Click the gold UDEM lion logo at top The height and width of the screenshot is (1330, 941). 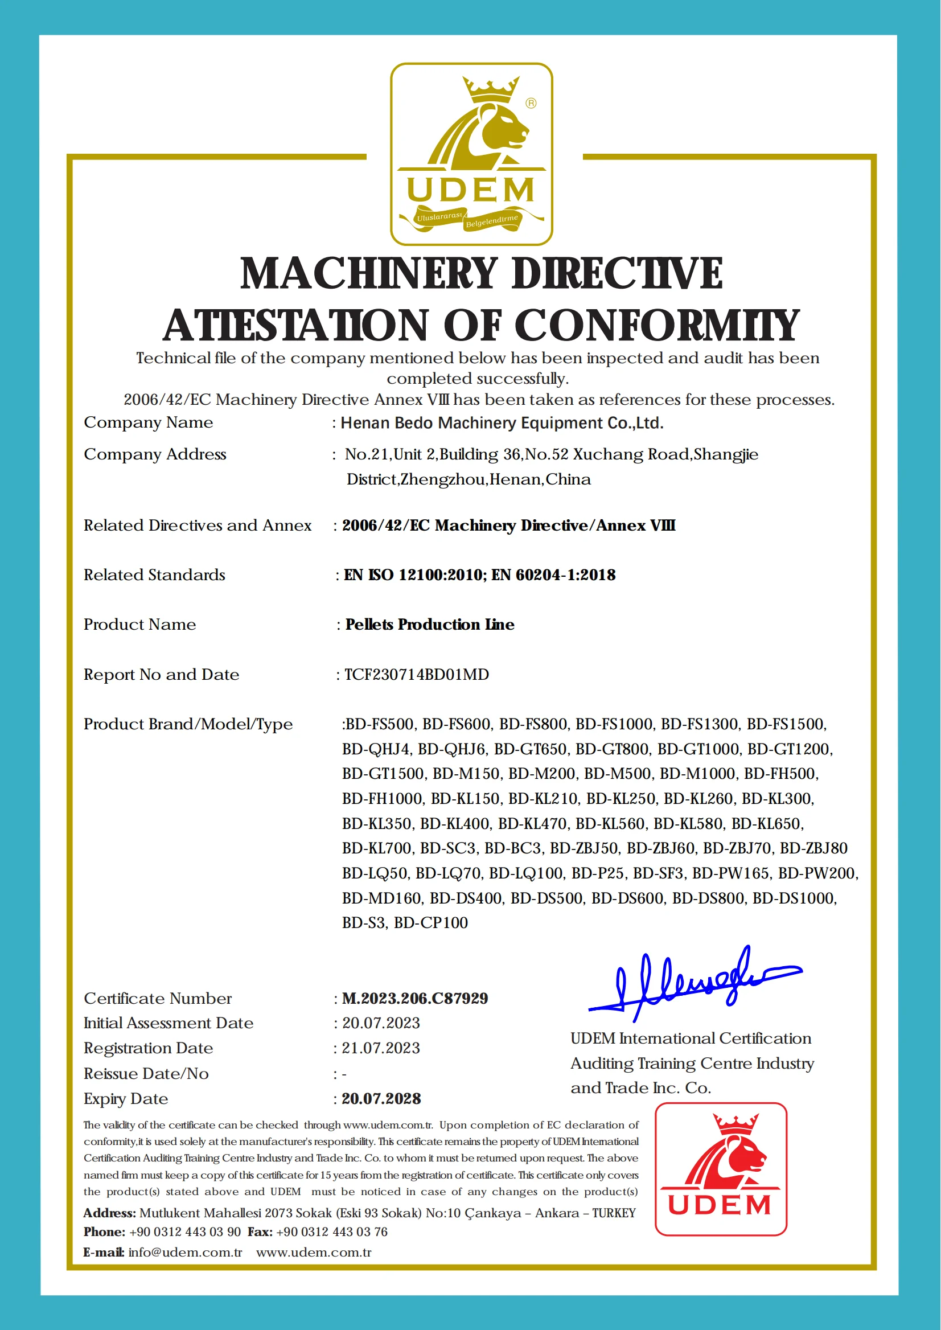pyautogui.click(x=471, y=154)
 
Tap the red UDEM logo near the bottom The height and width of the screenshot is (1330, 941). pyautogui.click(x=721, y=1169)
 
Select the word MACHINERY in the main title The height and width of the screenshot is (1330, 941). pyautogui.click(x=368, y=273)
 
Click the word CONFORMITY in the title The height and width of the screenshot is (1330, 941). pyautogui.click(x=656, y=325)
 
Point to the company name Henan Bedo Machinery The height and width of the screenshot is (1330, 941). pyautogui.click(x=502, y=423)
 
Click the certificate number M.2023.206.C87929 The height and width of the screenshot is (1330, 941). pyautogui.click(x=415, y=998)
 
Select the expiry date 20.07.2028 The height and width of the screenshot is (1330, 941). pyautogui.click(x=381, y=1098)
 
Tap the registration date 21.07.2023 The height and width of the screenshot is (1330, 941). pyautogui.click(x=381, y=1048)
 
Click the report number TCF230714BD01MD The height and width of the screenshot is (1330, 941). pyautogui.click(x=417, y=674)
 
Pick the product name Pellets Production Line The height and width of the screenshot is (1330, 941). pyautogui.click(x=429, y=624)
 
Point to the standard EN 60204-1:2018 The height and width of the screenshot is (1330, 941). pyautogui.click(x=553, y=574)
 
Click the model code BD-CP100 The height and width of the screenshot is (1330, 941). pyautogui.click(x=430, y=922)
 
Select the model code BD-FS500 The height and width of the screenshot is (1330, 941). pyautogui.click(x=380, y=724)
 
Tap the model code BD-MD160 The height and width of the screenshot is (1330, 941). pyautogui.click(x=381, y=898)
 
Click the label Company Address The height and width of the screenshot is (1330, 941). pyautogui.click(x=155, y=454)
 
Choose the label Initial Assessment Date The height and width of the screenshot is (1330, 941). pyautogui.click(x=168, y=1023)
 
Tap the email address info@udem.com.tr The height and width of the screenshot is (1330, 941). pyautogui.click(x=185, y=1252)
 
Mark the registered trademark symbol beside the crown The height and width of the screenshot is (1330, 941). pyautogui.click(x=531, y=103)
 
